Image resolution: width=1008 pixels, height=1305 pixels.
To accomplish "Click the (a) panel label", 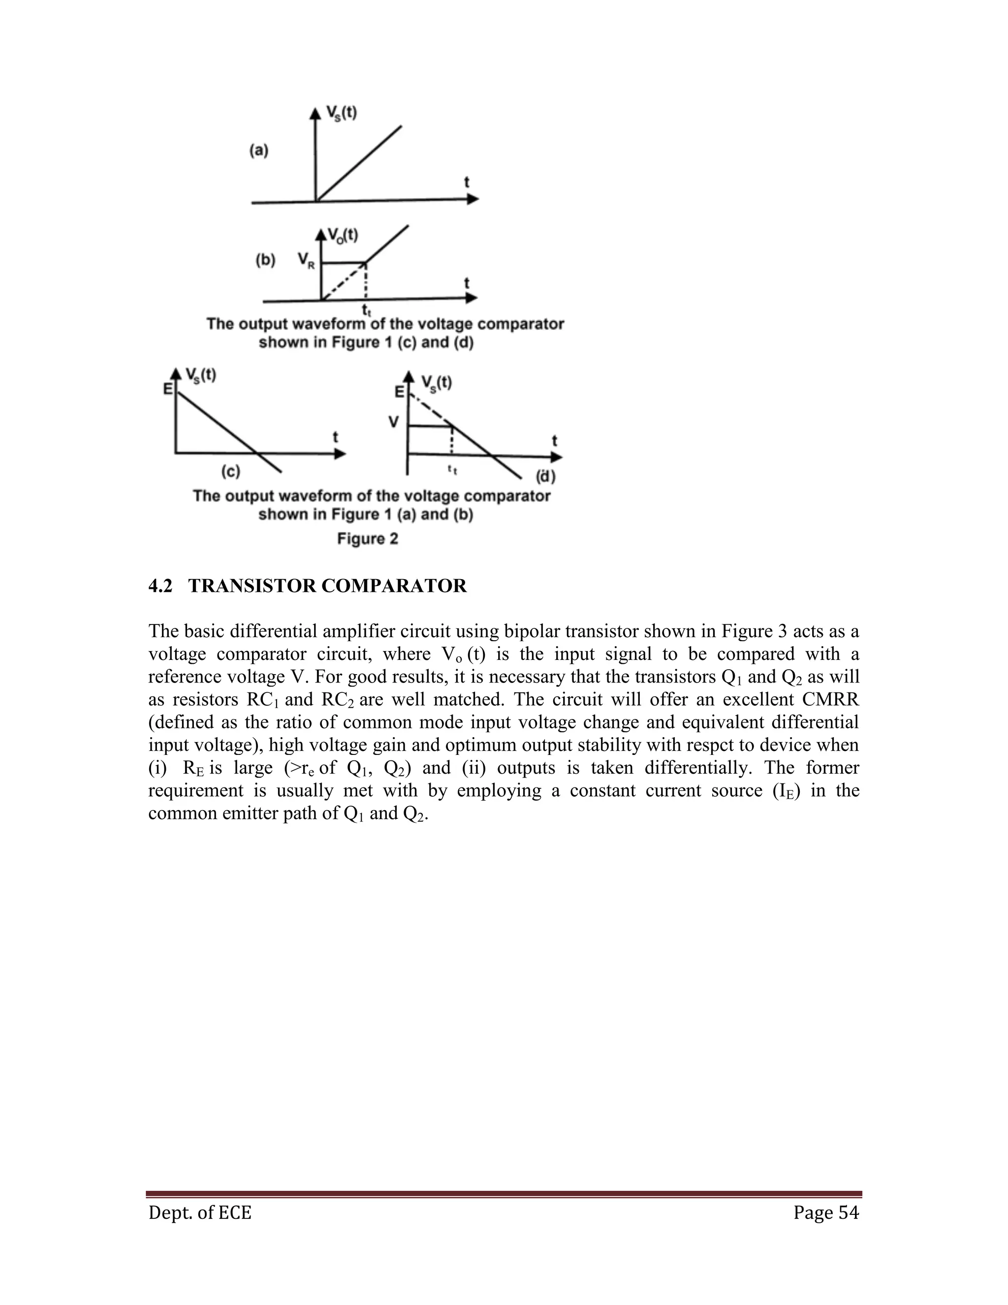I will [258, 151].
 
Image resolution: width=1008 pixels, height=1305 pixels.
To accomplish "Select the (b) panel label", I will [265, 260].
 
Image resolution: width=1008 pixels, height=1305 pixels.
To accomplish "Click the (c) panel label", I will [230, 471].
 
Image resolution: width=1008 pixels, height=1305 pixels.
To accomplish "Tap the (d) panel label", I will [545, 476].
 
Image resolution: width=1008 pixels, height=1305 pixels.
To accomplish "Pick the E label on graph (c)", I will [168, 389].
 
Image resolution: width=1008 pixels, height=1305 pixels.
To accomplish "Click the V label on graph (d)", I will [394, 422].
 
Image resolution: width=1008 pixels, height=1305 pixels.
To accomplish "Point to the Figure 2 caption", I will [367, 538].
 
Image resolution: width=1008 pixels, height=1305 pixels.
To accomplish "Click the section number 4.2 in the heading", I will [160, 586].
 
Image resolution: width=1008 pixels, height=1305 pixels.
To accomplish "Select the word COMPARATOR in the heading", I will [394, 586].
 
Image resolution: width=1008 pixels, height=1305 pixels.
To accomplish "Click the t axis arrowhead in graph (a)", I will [472, 199].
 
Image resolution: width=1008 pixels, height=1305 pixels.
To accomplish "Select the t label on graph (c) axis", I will [336, 438].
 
